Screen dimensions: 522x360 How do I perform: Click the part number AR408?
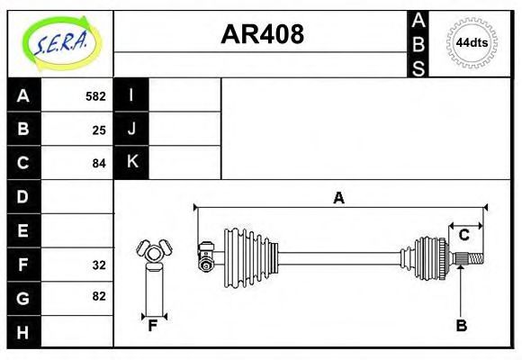coord(262,34)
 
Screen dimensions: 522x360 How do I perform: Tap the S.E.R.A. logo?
coord(61,43)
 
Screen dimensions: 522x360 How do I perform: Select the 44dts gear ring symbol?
coord(472,43)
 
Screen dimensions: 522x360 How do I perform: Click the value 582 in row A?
coord(95,96)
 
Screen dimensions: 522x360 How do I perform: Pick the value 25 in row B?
coord(99,130)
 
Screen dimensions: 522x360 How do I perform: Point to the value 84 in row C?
coord(99,164)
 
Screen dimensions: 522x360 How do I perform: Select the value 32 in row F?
coord(99,265)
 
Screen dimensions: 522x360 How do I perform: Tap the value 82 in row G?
coord(99,296)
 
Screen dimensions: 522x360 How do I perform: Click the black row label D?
coord(24,197)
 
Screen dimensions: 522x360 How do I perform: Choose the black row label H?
coord(24,332)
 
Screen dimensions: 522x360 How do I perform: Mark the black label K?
coord(131,162)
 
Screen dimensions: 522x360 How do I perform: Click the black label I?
coord(131,94)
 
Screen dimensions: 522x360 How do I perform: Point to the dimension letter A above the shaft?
coord(338,198)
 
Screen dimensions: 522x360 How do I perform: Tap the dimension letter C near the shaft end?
coord(463,235)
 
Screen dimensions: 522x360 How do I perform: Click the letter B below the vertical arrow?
coord(462,326)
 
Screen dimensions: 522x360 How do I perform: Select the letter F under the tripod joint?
coord(152,326)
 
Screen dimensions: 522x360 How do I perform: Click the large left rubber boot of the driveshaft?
coord(251,257)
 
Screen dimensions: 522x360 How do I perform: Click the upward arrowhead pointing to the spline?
coord(461,269)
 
